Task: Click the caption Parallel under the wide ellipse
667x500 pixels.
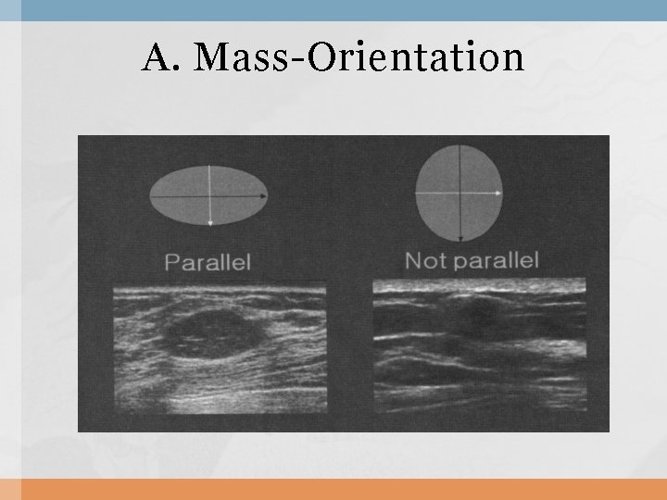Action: click(208, 262)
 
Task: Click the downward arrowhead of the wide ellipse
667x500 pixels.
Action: click(211, 222)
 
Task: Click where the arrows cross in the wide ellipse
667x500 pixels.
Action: click(211, 196)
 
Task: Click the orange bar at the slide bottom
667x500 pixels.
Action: click(333, 489)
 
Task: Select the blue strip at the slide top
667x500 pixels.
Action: click(333, 9)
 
